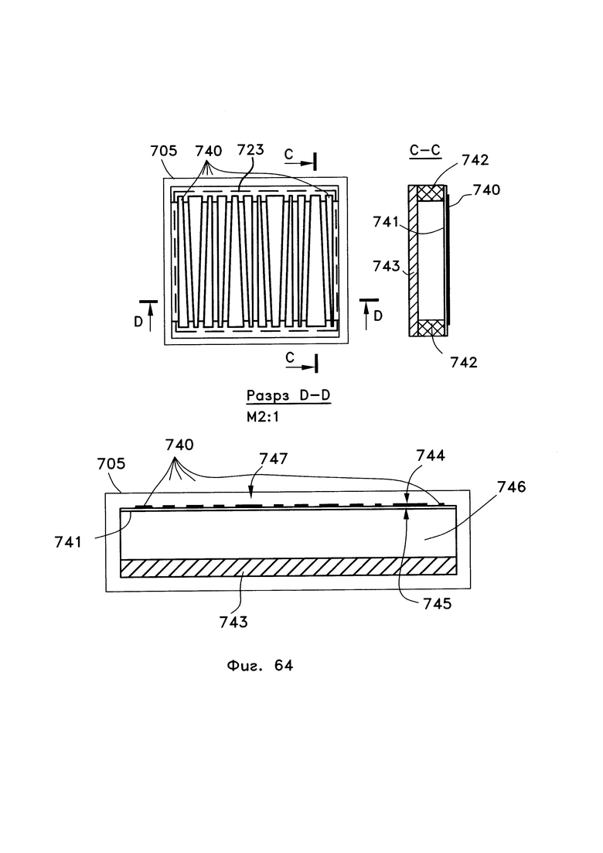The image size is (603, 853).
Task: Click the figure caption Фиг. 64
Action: click(x=259, y=665)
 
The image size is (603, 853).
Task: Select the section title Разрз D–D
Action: click(x=288, y=395)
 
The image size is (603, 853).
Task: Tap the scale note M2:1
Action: click(x=263, y=418)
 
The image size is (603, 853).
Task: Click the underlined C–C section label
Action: click(x=424, y=150)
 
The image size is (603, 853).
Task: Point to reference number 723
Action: click(x=250, y=149)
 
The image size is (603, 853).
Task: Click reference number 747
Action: click(x=274, y=459)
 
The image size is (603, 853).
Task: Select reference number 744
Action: click(x=431, y=456)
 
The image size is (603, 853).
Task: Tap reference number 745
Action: click(x=438, y=603)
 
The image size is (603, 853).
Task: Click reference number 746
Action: click(x=512, y=486)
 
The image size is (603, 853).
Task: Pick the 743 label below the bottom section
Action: click(x=233, y=622)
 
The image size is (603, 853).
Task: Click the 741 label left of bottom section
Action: click(x=68, y=542)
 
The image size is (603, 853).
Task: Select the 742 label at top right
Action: click(x=475, y=160)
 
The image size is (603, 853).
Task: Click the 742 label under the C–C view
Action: click(x=464, y=362)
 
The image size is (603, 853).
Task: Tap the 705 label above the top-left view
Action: click(x=164, y=150)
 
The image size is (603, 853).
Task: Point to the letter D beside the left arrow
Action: click(x=138, y=322)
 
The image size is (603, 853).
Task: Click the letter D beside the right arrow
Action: click(x=378, y=316)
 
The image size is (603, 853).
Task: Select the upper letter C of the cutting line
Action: click(x=288, y=155)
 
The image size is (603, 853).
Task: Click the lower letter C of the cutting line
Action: click(x=290, y=357)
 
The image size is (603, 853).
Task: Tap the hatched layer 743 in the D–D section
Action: click(x=288, y=568)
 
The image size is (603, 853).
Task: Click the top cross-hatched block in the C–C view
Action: click(x=431, y=193)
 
